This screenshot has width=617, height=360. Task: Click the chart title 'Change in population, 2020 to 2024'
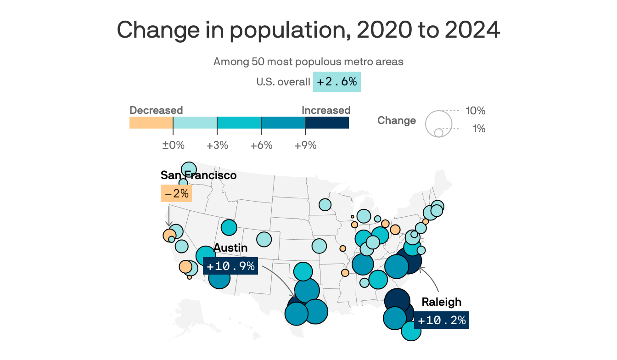[308, 30]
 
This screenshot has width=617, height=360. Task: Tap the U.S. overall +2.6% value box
[337, 82]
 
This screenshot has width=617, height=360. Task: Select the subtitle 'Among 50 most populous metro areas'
[308, 62]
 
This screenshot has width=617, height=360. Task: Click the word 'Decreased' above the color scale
[156, 111]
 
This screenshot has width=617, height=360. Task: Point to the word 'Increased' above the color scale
[326, 111]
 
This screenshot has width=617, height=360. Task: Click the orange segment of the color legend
[151, 123]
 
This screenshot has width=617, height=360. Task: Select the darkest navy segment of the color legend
[327, 123]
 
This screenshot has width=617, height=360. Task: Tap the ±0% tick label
[173, 146]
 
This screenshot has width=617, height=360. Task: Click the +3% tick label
[217, 146]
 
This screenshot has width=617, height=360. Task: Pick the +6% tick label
[261, 146]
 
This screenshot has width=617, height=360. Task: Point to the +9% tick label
[305, 146]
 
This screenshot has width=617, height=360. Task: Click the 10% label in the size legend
[475, 111]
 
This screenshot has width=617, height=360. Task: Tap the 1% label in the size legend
[478, 129]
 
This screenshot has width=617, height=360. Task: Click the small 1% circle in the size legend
[438, 133]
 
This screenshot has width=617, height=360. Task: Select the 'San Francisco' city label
[198, 175]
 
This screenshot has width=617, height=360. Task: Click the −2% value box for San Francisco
[176, 194]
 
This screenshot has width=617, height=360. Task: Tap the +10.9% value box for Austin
[230, 266]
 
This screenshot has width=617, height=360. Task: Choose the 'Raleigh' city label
[441, 302]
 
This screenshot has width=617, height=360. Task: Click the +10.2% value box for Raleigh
[442, 320]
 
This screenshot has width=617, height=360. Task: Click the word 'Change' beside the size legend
[397, 121]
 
